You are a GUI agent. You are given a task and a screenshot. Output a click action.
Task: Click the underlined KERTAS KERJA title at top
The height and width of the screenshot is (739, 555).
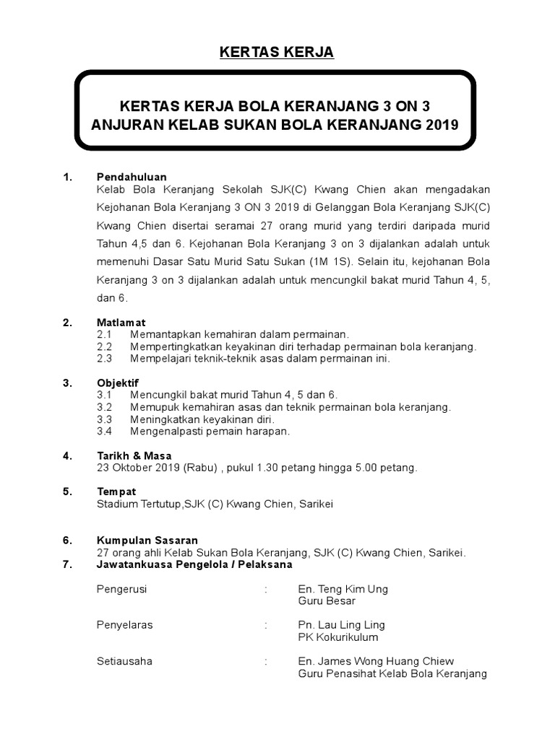click(277, 53)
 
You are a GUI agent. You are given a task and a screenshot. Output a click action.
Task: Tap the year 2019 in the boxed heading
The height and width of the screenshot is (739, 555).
click(442, 124)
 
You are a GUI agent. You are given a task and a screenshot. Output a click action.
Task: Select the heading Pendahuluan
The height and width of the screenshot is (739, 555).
click(132, 177)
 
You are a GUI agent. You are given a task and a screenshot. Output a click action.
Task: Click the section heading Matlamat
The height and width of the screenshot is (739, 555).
click(121, 323)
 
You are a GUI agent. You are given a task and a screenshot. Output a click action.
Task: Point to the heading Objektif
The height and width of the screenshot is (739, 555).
click(118, 382)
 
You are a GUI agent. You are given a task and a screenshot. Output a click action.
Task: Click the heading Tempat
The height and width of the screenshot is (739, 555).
click(116, 491)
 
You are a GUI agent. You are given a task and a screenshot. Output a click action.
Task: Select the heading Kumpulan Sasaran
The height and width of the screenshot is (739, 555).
click(147, 540)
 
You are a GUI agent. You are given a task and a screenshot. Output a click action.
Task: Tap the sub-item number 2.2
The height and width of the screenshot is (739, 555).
click(104, 346)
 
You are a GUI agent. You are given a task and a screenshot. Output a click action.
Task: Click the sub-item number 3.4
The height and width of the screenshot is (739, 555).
click(104, 431)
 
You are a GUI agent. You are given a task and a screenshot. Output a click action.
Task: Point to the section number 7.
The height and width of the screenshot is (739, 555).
click(67, 564)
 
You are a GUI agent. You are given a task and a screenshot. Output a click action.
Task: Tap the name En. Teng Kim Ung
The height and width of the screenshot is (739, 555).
click(343, 589)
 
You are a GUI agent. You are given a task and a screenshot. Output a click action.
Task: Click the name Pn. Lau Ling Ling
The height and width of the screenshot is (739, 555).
click(341, 625)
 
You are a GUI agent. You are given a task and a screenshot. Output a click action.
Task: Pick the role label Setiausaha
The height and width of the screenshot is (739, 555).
click(124, 661)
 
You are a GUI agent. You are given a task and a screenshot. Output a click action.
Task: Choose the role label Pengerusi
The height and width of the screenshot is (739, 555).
click(121, 589)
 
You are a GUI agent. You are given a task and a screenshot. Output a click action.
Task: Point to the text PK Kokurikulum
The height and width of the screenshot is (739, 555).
click(337, 637)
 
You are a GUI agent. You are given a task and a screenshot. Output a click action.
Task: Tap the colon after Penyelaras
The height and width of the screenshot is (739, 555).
click(266, 625)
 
